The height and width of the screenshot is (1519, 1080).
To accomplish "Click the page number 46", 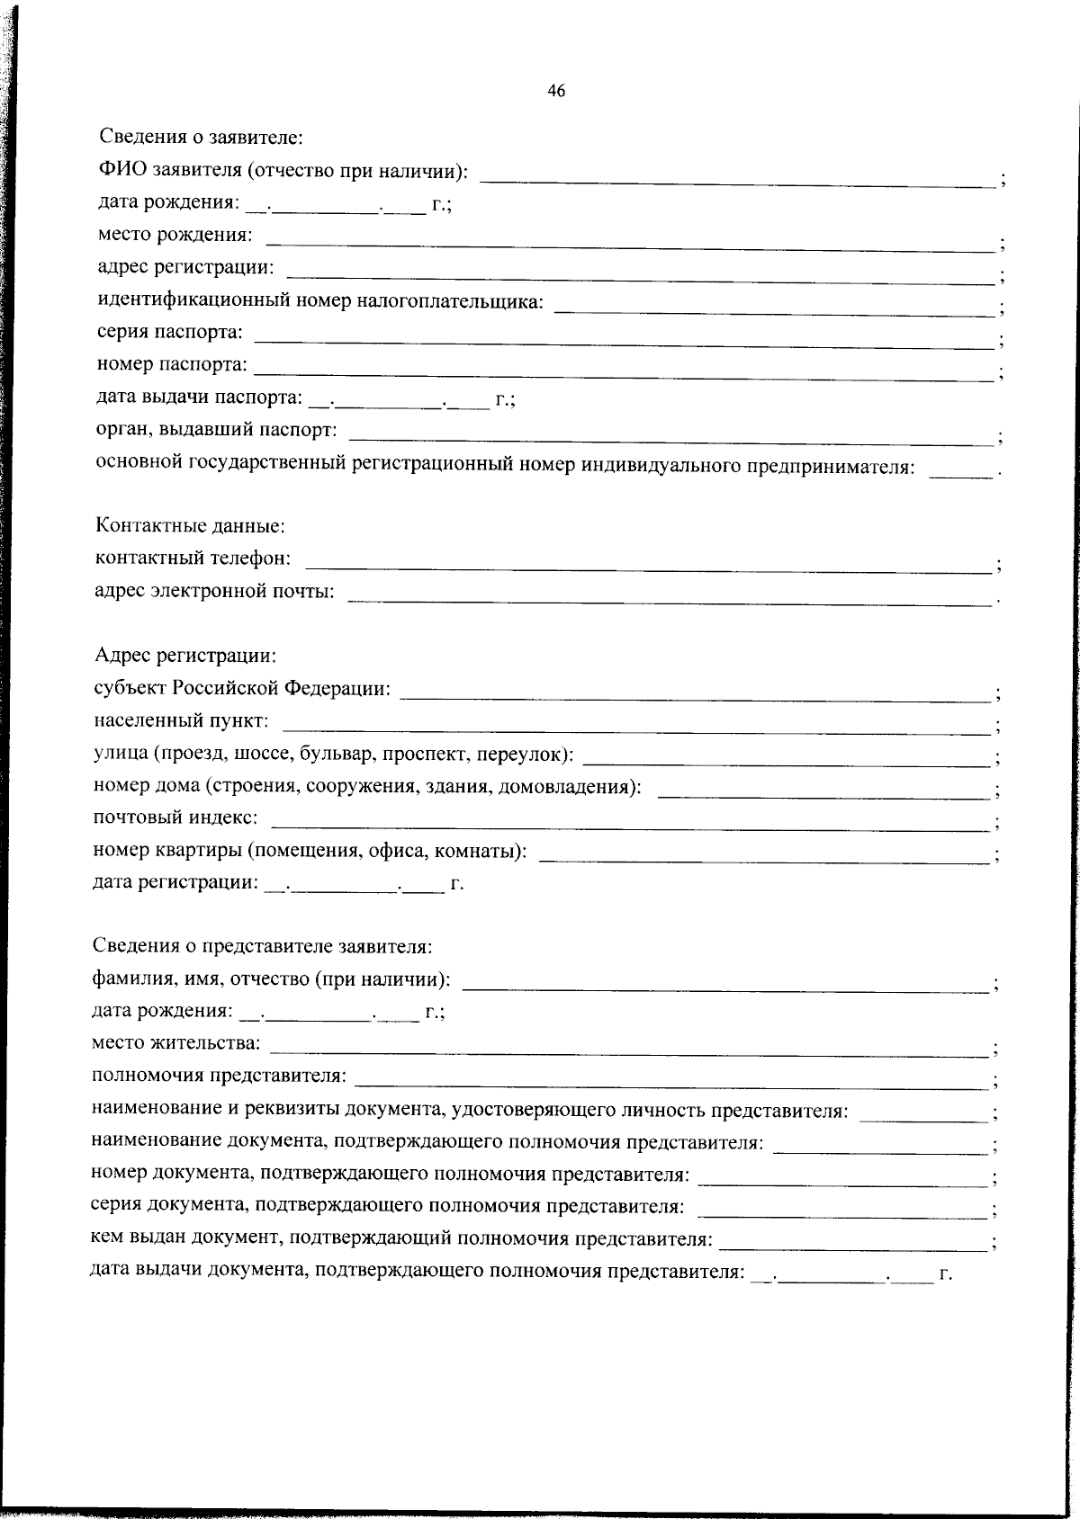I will coord(555,90).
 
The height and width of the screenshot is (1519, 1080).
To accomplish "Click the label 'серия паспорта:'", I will coord(170,332).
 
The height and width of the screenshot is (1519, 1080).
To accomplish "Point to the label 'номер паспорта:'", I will coord(172,364).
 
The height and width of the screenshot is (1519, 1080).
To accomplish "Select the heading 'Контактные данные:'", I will coord(190,525).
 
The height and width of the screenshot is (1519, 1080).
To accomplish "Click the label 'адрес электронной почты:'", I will coord(214,591).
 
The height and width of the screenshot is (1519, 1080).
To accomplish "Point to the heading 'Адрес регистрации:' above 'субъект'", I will coord(185,655).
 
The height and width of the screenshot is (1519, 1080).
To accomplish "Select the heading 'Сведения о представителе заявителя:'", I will coord(263,946).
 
